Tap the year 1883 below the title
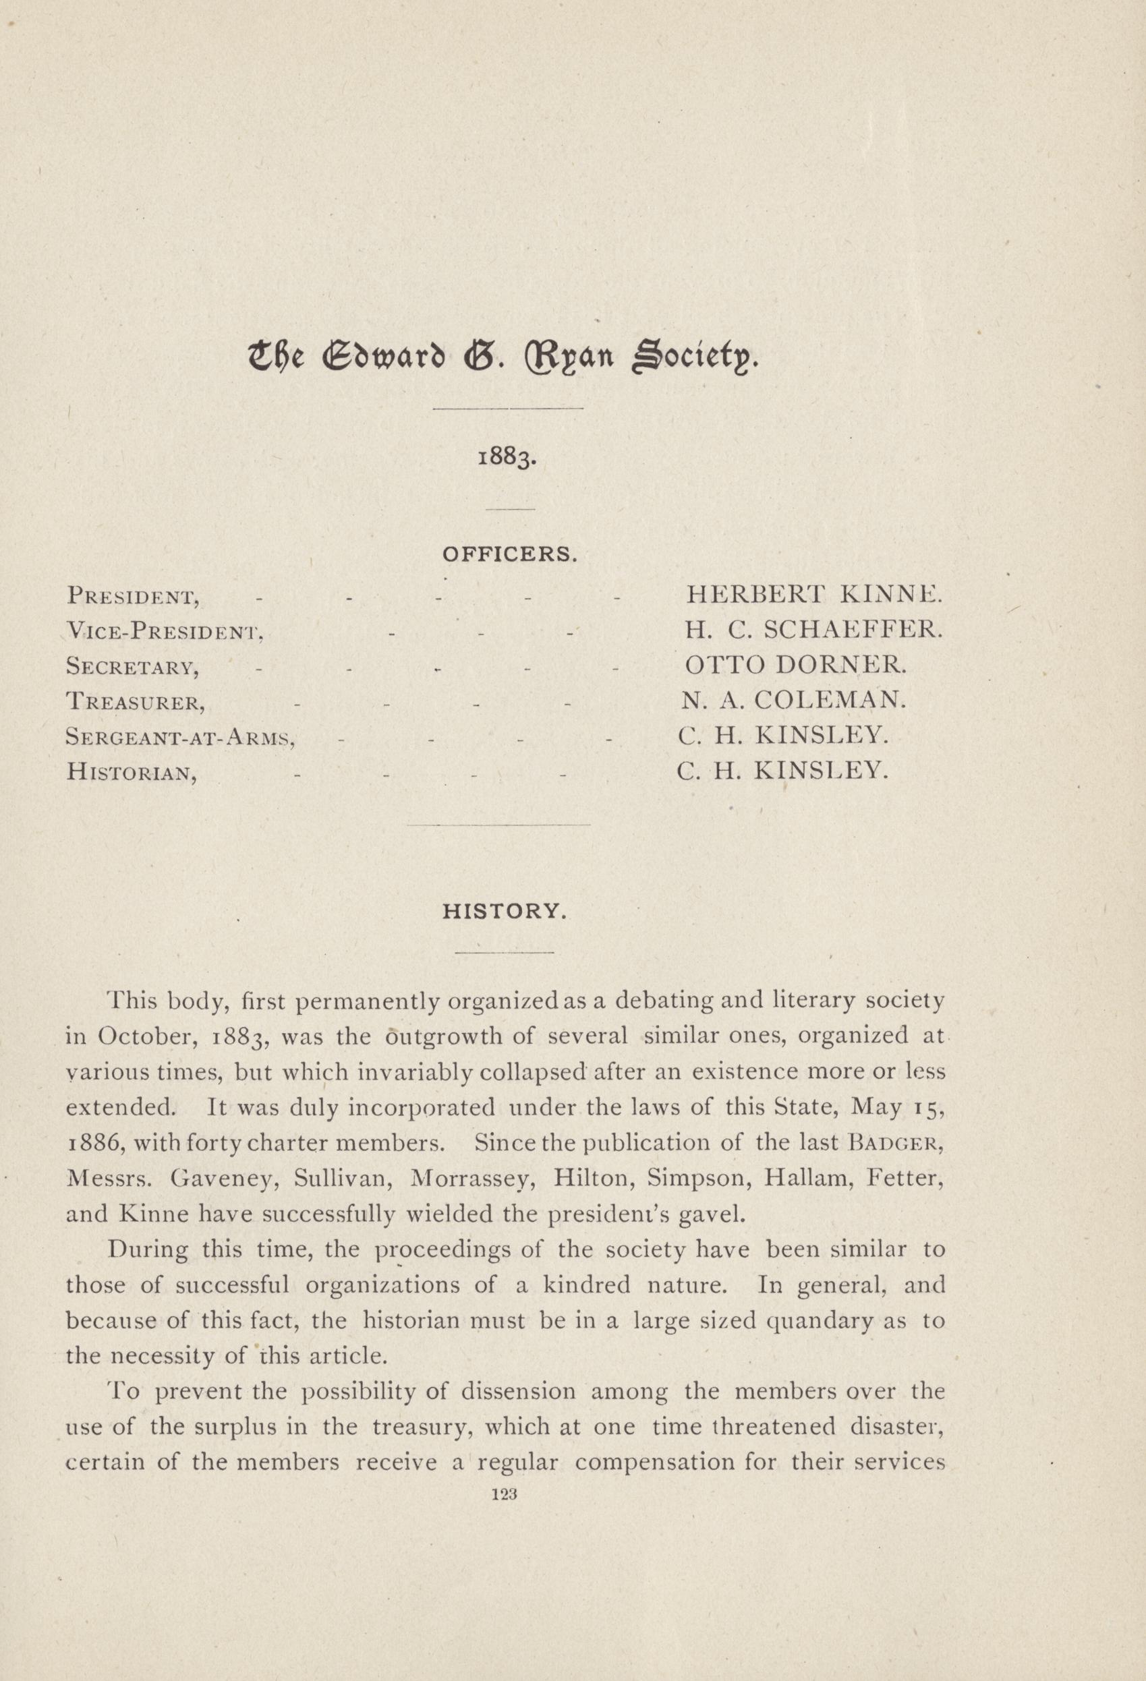point(507,459)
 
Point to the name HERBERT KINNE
point(815,595)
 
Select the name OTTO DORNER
point(795,664)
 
